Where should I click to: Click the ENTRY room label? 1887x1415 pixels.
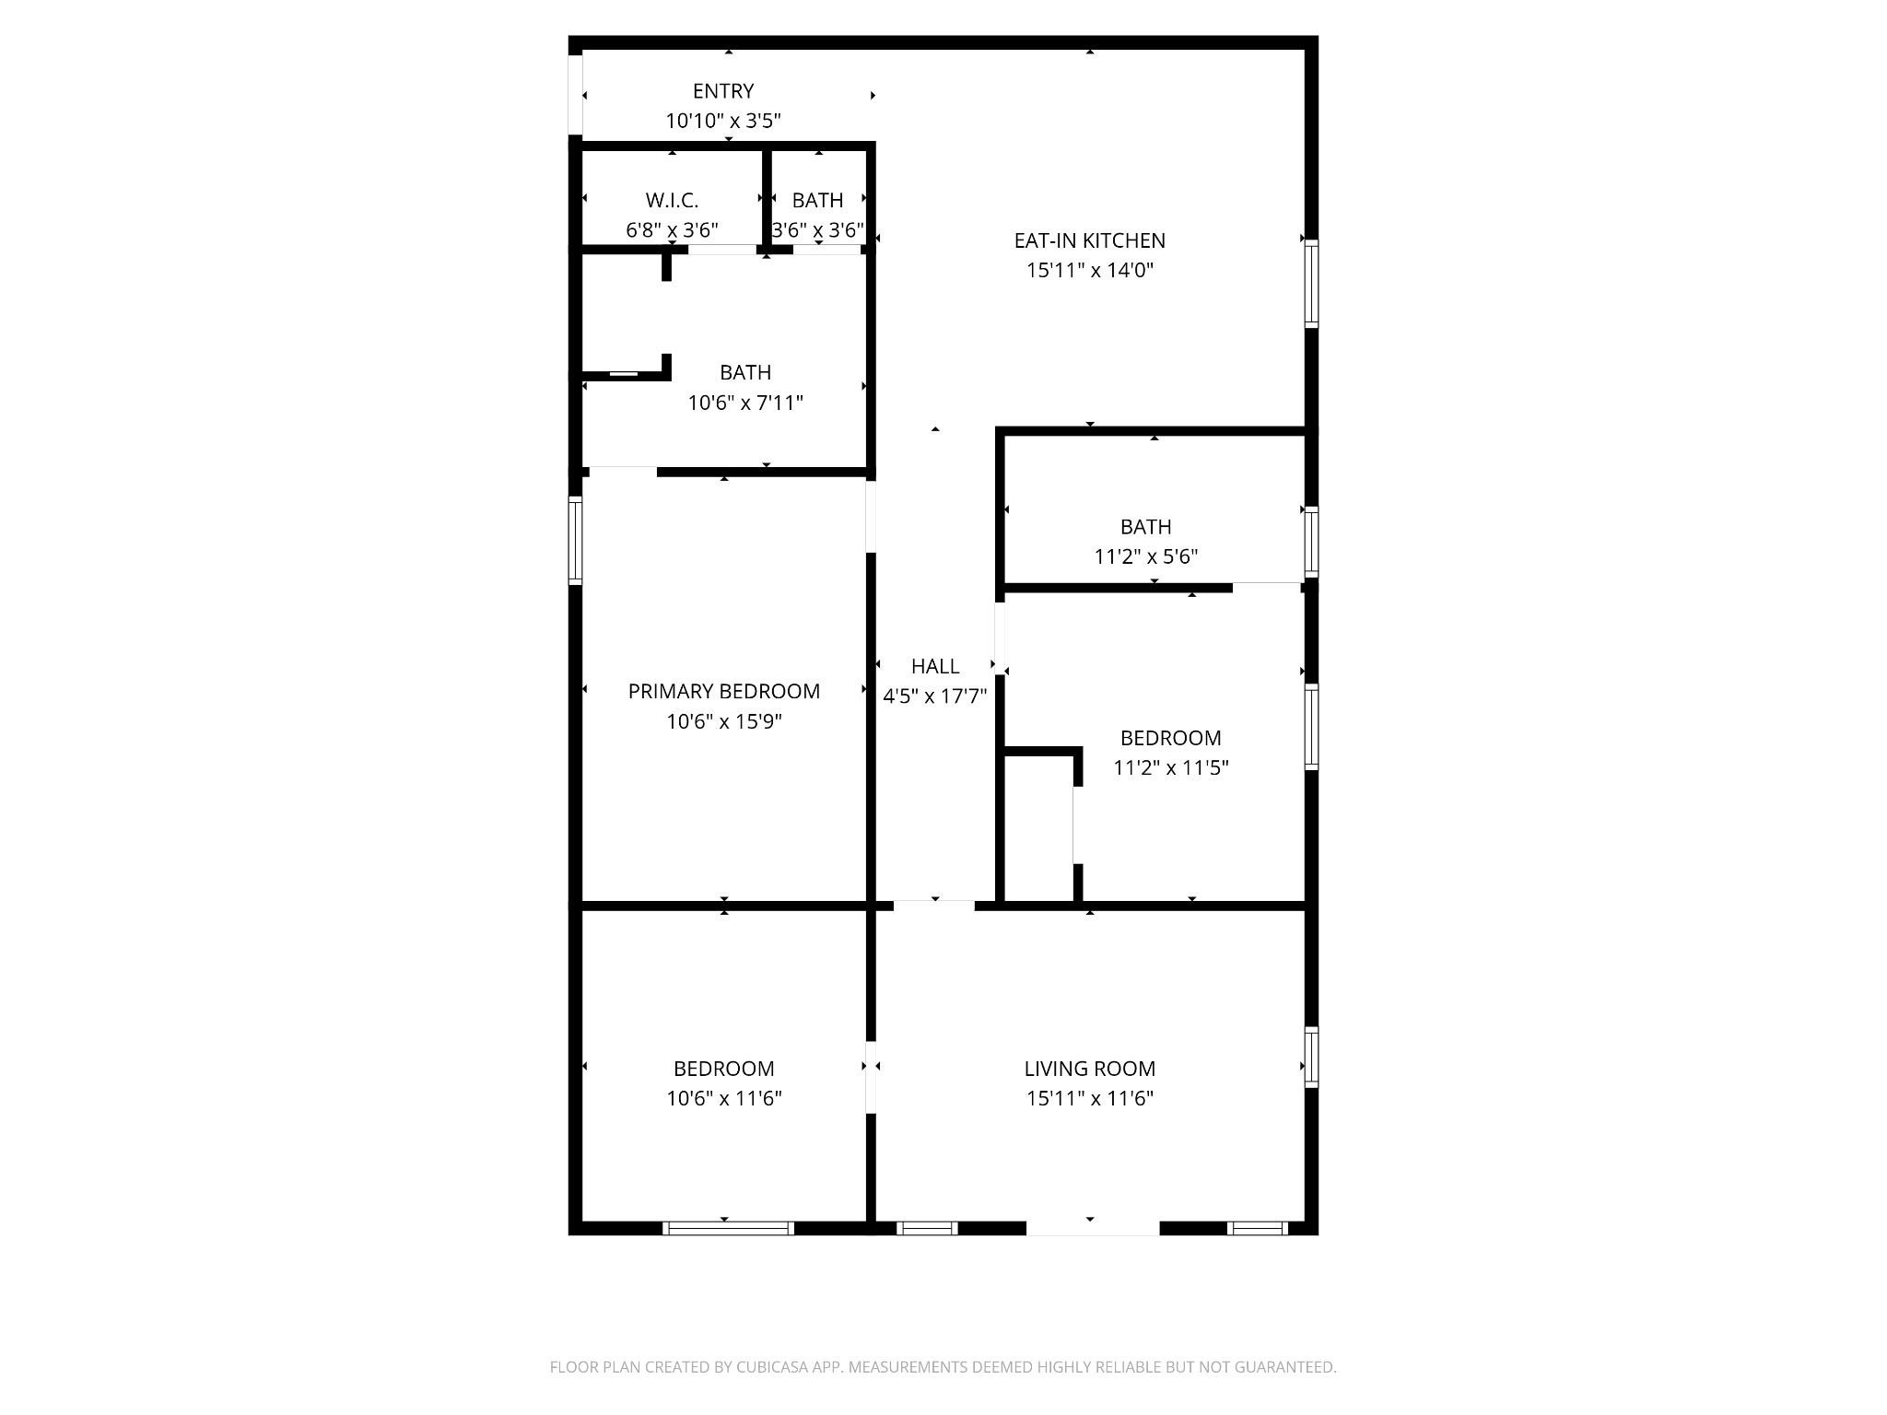pos(723,91)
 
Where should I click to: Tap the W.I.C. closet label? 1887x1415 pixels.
pos(672,200)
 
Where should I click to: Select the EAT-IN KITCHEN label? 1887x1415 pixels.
pos(1090,240)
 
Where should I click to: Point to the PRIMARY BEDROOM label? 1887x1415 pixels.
pos(724,691)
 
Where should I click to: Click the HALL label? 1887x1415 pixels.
pos(935,666)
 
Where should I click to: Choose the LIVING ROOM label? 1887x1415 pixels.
pos(1090,1069)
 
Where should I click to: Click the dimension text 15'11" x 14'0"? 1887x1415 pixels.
pos(1090,270)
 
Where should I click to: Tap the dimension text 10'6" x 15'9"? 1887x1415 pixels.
pos(724,720)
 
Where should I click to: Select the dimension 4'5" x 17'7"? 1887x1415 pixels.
pos(935,696)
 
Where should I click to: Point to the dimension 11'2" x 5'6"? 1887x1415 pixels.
pos(1146,556)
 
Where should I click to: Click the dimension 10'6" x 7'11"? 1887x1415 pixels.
pos(745,403)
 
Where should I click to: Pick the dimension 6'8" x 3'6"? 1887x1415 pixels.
pos(672,229)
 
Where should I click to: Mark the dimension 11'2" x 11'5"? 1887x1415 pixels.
pos(1171,767)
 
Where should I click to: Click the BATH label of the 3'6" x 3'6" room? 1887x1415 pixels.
pos(817,200)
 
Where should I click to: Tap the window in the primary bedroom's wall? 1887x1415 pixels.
pos(575,541)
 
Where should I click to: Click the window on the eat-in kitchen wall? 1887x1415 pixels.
pos(1311,283)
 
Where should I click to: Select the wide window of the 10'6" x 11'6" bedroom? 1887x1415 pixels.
pos(728,1228)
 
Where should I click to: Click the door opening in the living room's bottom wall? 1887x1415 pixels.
pos(1093,1228)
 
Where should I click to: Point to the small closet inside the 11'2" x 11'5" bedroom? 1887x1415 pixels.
pos(1038,827)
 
